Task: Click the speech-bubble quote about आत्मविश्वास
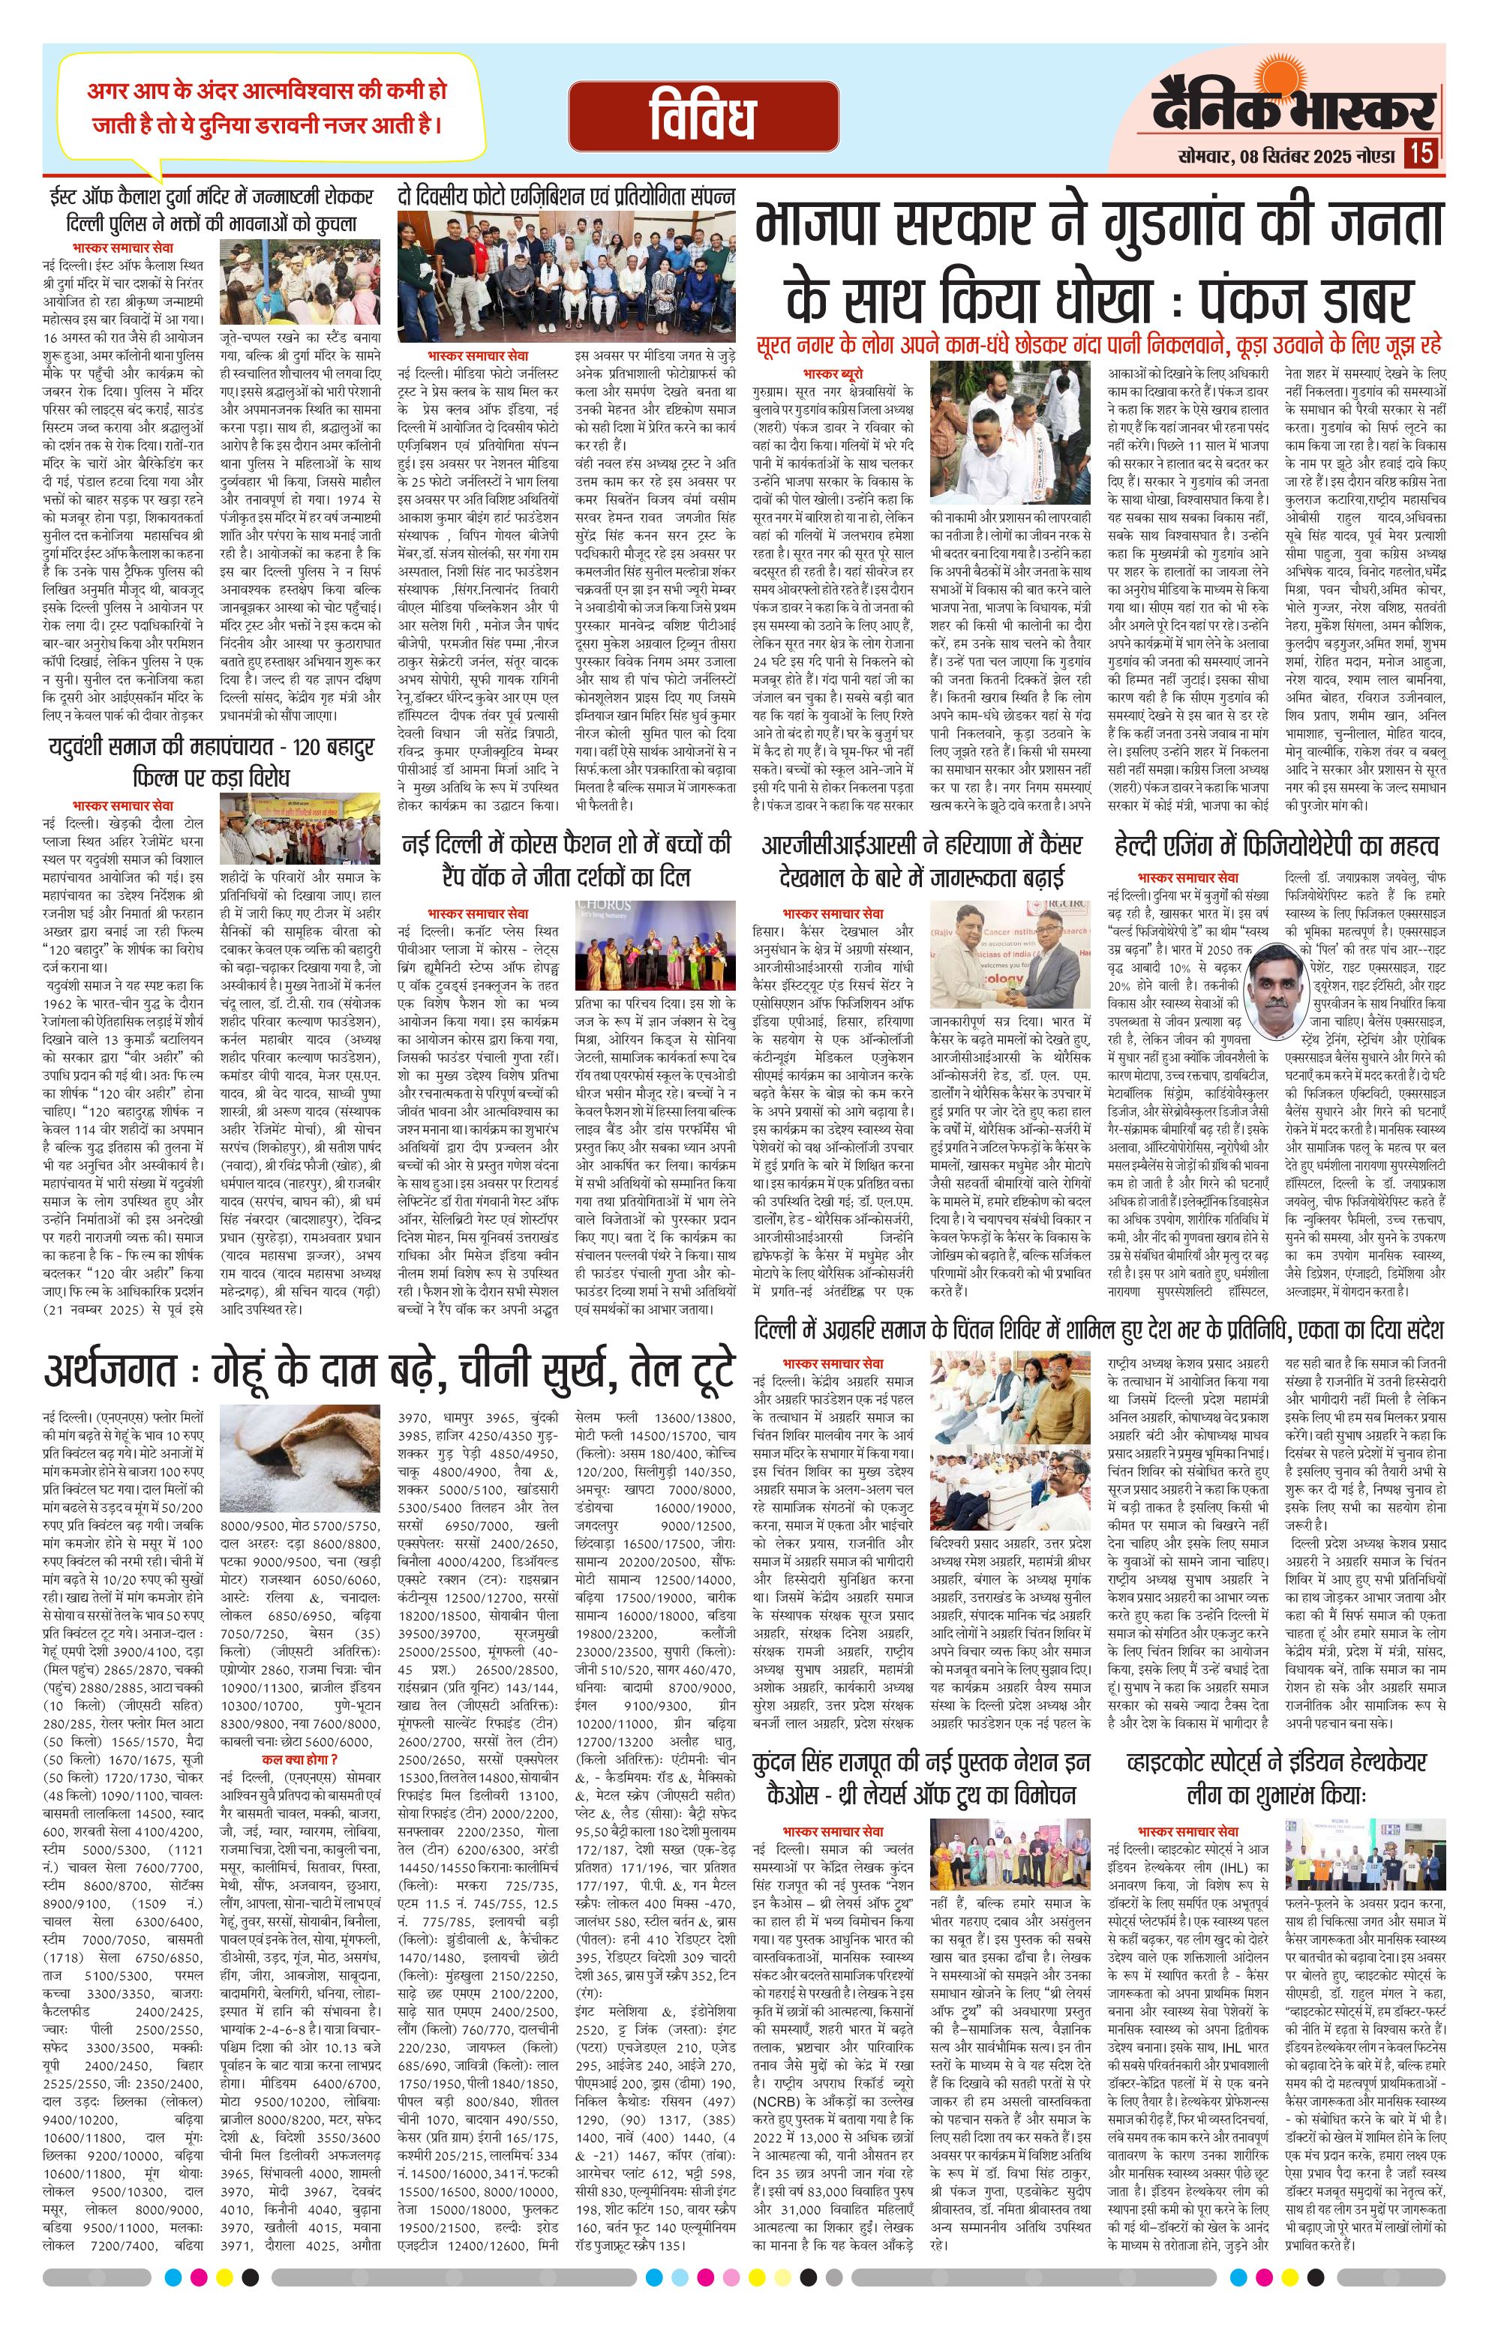266,108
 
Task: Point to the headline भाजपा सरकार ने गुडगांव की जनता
1100,226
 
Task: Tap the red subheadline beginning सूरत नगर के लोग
1100,345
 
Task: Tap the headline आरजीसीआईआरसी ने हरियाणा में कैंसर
922,861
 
